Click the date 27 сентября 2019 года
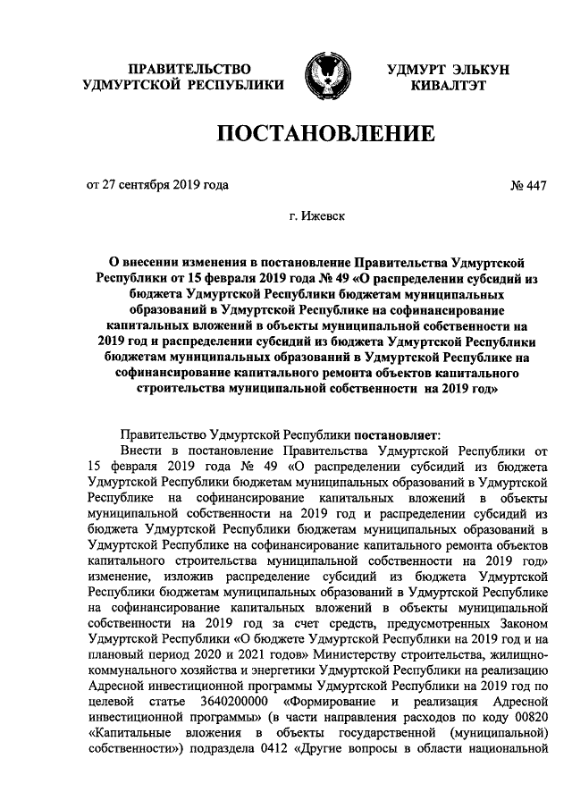165,185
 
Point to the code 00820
529,720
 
